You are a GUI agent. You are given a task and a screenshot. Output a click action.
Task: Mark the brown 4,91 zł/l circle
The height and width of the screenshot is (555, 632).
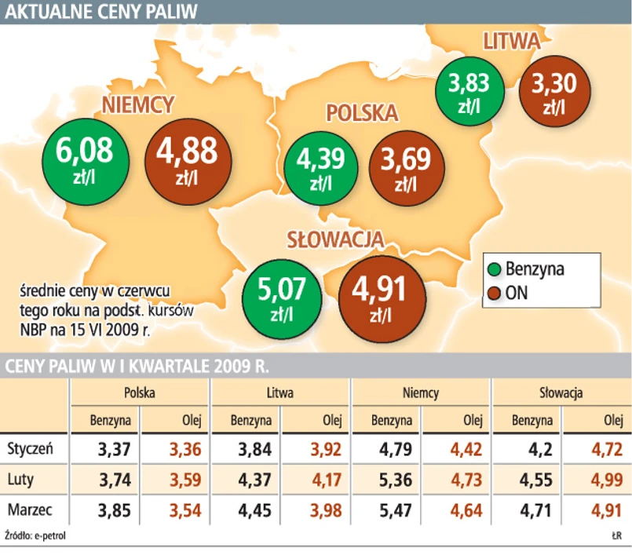click(379, 296)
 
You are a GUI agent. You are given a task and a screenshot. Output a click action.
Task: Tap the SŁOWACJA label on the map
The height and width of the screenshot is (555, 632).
click(334, 239)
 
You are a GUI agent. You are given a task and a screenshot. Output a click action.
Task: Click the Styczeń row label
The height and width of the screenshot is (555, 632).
click(29, 450)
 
